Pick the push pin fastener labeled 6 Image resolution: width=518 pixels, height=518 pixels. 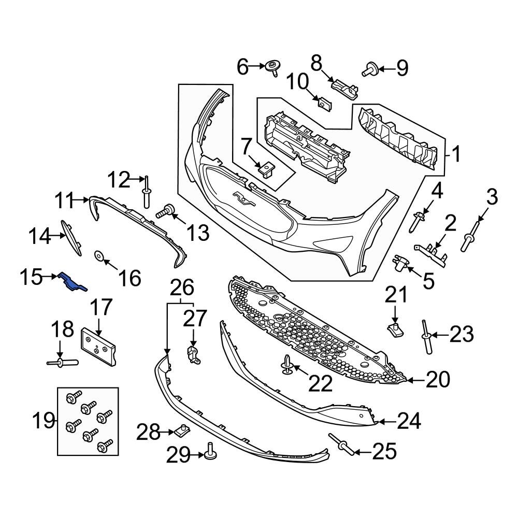coord(271,67)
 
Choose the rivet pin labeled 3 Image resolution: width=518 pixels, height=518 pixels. coord(471,236)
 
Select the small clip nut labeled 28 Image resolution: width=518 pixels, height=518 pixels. coord(182,429)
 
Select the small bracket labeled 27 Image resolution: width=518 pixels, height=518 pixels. coord(193,356)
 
